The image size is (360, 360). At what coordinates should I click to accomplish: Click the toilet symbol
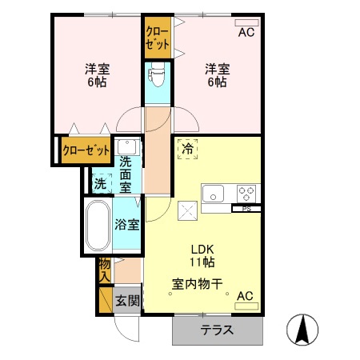point(156,76)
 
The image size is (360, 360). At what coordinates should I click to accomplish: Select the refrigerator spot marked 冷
point(186,149)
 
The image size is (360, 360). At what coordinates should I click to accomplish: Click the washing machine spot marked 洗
point(99,182)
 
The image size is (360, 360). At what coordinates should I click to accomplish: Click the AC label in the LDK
point(245,296)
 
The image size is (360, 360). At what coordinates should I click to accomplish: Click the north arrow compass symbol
point(305,330)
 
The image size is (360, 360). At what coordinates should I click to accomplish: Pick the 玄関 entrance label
point(126,301)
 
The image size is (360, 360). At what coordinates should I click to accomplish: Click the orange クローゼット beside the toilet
point(156,36)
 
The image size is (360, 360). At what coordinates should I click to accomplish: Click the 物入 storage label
point(104,270)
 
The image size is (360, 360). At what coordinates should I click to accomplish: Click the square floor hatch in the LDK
point(188,212)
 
